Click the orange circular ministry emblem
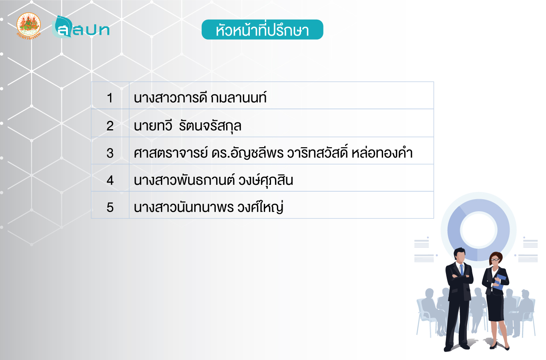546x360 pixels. tap(28, 26)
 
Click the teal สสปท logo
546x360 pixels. tap(81, 27)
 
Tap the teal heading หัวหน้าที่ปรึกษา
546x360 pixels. tap(262, 30)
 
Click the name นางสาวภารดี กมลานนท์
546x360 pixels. tap(200, 98)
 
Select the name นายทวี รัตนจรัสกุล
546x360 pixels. tap(187, 126)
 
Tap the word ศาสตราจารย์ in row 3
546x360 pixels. tap(171, 153)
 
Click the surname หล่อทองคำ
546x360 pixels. tap(382, 153)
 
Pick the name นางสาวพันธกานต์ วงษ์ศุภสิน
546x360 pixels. tap(213, 180)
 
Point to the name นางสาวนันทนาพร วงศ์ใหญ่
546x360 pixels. tap(209, 207)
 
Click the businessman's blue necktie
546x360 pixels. tap(462, 270)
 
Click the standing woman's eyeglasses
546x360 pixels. tap(495, 260)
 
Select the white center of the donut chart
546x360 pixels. tap(478, 230)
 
